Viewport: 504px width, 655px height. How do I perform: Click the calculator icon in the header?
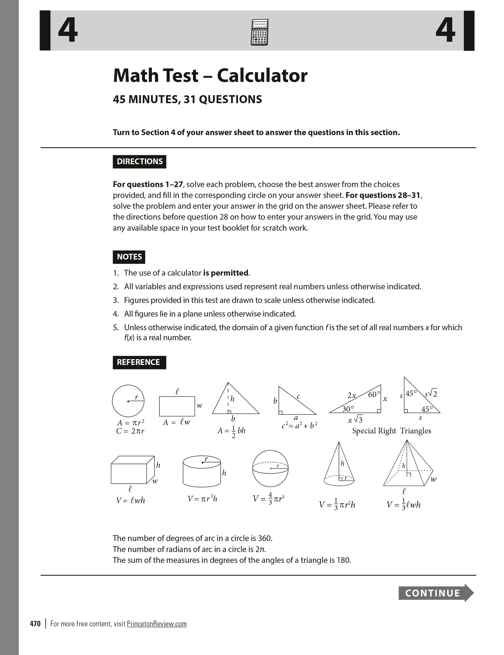pyautogui.click(x=259, y=32)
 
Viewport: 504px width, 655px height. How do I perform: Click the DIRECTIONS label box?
pyautogui.click(x=140, y=162)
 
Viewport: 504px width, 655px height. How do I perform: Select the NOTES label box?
pyautogui.click(x=129, y=257)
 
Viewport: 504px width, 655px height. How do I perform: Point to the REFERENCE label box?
pyautogui.click(x=139, y=362)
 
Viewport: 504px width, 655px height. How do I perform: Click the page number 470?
pyautogui.click(x=35, y=624)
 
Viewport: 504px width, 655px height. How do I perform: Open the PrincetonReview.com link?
pyautogui.click(x=157, y=624)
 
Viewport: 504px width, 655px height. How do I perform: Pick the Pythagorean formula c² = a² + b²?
pyautogui.click(x=299, y=426)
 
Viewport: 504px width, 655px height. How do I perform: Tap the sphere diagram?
pyautogui.click(x=270, y=468)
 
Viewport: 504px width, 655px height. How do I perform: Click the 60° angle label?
pyautogui.click(x=374, y=394)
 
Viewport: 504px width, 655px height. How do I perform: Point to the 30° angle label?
pyautogui.click(x=348, y=409)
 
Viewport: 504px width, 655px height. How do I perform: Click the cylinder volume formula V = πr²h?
pyautogui.click(x=203, y=499)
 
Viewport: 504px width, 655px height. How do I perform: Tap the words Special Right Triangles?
pyautogui.click(x=392, y=431)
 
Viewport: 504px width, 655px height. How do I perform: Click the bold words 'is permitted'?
pyautogui.click(x=226, y=273)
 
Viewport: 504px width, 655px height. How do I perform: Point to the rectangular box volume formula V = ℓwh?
pyautogui.click(x=131, y=501)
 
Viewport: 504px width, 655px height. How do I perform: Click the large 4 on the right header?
pyautogui.click(x=445, y=31)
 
